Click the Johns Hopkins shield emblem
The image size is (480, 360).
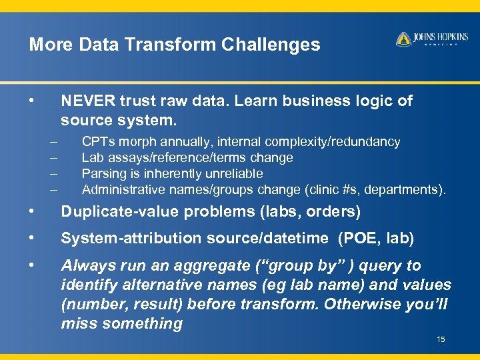coord(403,39)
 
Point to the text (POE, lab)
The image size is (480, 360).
coord(376,238)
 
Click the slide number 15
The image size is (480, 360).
coord(441,340)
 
